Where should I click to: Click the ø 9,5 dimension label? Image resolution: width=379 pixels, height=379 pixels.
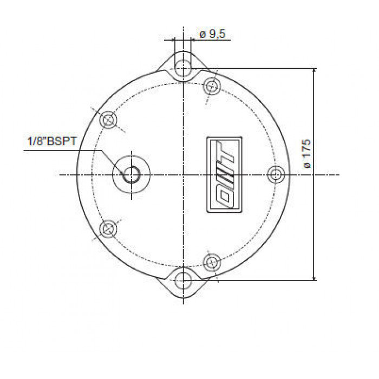212,34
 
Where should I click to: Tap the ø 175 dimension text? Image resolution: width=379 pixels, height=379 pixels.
307,153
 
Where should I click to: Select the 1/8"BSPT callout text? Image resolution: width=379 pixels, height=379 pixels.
52,141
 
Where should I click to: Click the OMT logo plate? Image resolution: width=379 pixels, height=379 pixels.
224,175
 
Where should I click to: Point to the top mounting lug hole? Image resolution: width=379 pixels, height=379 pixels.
183,68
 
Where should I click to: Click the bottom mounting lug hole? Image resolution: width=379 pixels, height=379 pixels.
183,280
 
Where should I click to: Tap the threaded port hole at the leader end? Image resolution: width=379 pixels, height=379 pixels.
132,175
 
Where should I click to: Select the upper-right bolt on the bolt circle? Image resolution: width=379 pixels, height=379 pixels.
212,86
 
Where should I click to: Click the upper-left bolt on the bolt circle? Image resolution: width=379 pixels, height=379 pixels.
108,120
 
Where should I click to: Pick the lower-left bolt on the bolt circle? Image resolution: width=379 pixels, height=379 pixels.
108,228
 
